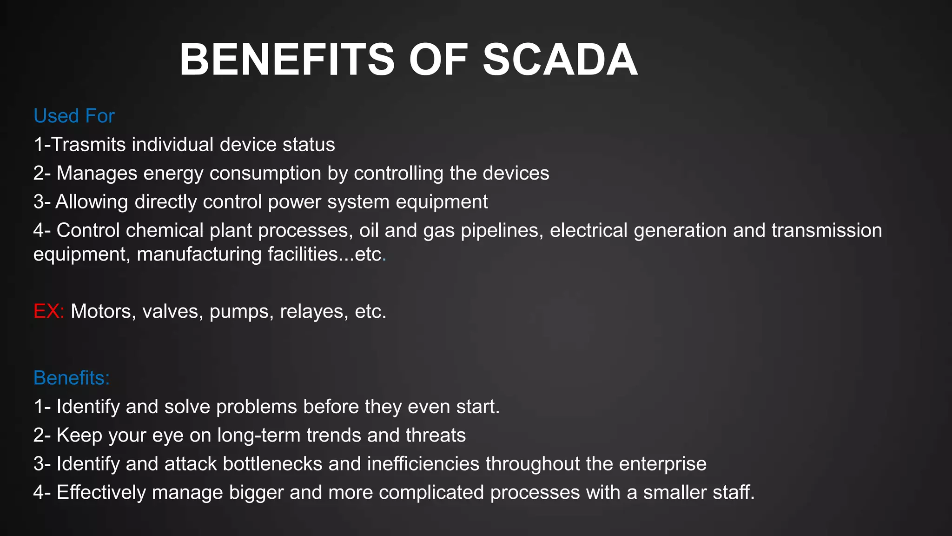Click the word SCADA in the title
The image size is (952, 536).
point(560,60)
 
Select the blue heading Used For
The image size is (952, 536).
point(74,116)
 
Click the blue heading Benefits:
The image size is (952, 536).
point(72,378)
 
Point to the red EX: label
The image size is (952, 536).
point(48,311)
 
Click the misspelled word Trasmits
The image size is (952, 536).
point(88,145)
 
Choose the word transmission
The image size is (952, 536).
point(826,231)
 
